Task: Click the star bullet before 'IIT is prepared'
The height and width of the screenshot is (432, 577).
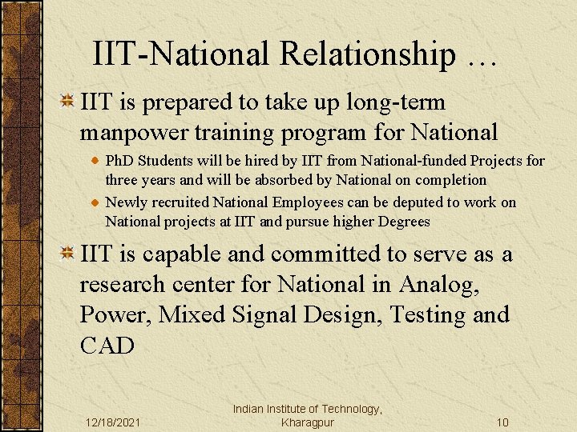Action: (68, 102)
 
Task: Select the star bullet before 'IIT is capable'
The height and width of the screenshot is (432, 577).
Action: (68, 254)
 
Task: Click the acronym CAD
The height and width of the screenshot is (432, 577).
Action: (107, 345)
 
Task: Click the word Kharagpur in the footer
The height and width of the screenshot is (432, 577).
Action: (308, 422)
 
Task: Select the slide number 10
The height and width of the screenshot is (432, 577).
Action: (502, 422)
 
